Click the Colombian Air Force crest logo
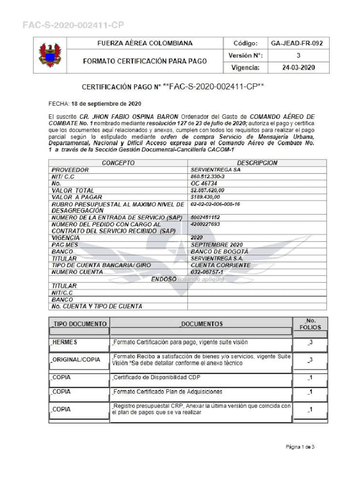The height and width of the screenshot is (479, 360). (49, 55)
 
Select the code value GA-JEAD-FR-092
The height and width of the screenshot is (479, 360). (297, 44)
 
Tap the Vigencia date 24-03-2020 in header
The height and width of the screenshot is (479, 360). (298, 67)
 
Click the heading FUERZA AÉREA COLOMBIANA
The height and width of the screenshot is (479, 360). (144, 43)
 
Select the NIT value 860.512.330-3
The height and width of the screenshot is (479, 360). (208, 177)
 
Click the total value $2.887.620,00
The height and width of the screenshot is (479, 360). (208, 191)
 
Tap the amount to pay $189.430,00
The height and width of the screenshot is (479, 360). (206, 197)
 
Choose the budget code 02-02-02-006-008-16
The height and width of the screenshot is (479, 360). (216, 204)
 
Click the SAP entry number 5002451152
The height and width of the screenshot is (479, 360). (205, 218)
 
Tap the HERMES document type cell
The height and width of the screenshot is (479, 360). (65, 342)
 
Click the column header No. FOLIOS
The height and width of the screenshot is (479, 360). (310, 324)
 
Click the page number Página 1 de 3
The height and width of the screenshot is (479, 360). (300, 447)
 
